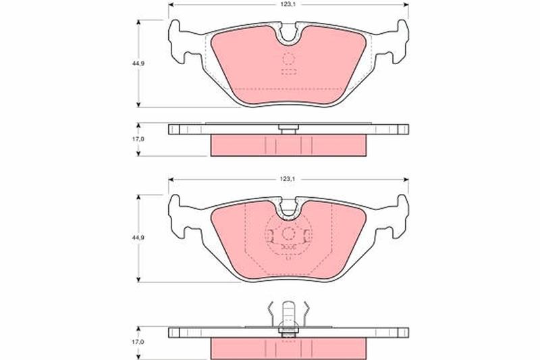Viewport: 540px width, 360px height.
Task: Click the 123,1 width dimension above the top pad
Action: coord(288,4)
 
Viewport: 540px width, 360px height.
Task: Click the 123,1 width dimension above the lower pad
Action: coord(288,179)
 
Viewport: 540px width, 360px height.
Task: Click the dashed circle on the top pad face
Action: coord(289,59)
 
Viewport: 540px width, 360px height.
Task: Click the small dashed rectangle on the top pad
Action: coord(289,72)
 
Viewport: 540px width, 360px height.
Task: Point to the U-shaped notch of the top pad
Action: coord(289,35)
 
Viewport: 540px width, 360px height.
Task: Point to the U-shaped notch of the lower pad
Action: coord(289,209)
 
